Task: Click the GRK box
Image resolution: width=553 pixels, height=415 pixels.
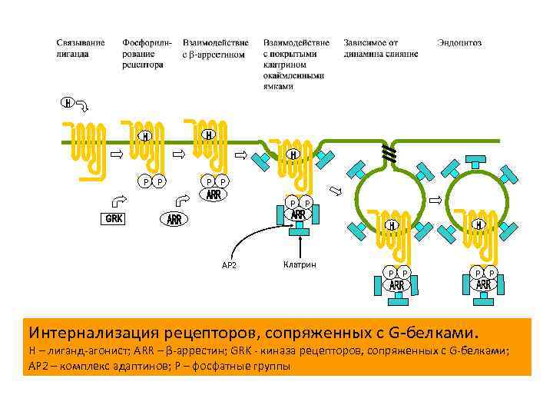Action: click(x=114, y=218)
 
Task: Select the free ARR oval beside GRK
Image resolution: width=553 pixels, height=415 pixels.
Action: click(x=174, y=220)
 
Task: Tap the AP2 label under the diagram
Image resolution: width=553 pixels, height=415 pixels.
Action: click(x=229, y=265)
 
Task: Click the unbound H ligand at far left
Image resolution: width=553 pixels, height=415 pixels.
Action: click(x=68, y=102)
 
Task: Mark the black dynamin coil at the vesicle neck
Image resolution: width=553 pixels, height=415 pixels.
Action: click(x=390, y=154)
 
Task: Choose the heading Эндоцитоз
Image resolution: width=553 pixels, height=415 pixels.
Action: click(x=459, y=43)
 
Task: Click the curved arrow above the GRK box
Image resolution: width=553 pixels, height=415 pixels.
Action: click(x=119, y=201)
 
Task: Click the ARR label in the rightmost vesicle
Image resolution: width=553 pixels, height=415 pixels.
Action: click(x=483, y=286)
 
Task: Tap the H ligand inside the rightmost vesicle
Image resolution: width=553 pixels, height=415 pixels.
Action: click(x=478, y=225)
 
